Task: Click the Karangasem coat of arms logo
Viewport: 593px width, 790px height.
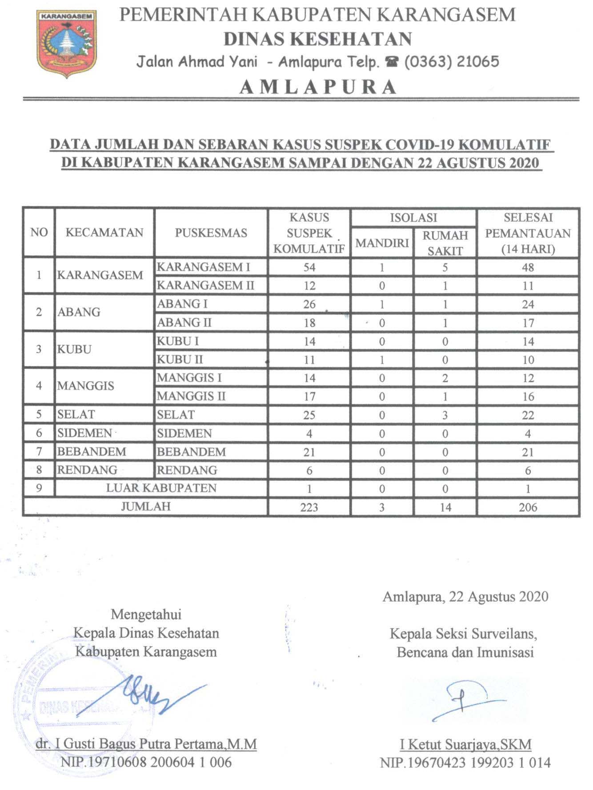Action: [67, 44]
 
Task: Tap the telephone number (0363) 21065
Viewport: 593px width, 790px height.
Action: [451, 61]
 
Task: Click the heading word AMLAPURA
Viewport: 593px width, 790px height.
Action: [318, 87]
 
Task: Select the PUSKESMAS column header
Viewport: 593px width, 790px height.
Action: [211, 233]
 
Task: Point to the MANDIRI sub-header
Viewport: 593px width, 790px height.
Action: [382, 243]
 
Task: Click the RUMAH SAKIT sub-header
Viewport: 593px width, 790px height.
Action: [445, 243]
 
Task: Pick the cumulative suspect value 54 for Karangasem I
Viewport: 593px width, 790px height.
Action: [309, 267]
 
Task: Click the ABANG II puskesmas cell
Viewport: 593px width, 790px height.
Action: [184, 323]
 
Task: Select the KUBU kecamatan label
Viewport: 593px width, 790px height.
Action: [74, 349]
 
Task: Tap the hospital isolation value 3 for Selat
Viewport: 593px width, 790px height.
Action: [445, 415]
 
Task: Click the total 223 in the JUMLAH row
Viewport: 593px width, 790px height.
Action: [309, 507]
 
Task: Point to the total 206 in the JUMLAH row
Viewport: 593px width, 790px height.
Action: [528, 507]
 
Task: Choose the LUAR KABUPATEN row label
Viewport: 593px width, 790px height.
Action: [161, 488]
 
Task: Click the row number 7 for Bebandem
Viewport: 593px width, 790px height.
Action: [39, 452]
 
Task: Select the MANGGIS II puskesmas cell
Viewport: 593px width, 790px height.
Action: [191, 396]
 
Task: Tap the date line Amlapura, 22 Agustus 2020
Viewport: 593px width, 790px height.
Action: [465, 596]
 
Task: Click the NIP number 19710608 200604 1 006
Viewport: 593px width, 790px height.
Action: [147, 762]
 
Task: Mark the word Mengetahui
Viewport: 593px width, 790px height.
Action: [146, 614]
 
